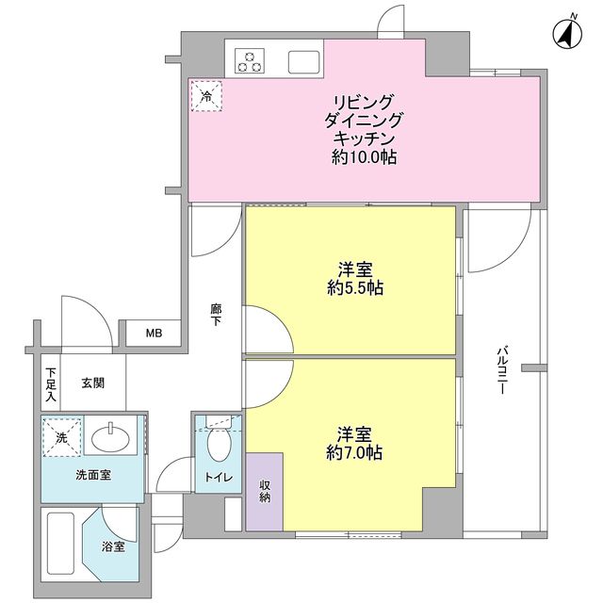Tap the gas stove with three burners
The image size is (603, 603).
click(x=251, y=61)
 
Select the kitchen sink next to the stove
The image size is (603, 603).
click(x=303, y=61)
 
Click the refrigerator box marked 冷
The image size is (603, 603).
click(x=205, y=95)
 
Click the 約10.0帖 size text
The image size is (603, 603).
click(x=364, y=157)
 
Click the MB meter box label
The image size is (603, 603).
click(x=153, y=333)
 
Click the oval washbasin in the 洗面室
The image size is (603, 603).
click(x=112, y=438)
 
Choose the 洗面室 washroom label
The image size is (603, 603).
click(x=92, y=475)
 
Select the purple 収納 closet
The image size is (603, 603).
click(x=264, y=490)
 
